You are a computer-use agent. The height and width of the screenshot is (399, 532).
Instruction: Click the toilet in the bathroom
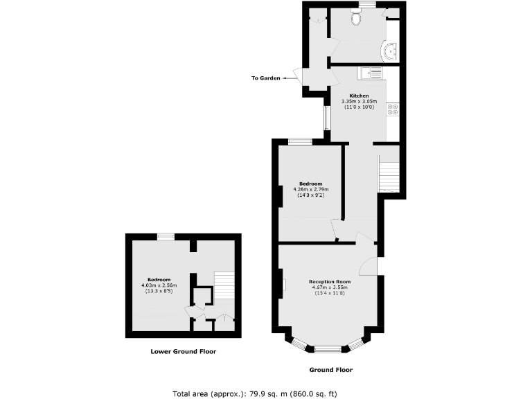[357, 19]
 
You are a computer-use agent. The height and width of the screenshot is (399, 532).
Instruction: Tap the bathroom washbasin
[391, 50]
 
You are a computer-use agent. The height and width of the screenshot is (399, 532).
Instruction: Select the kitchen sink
[370, 72]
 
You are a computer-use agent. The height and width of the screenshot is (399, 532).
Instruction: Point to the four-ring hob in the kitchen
[393, 107]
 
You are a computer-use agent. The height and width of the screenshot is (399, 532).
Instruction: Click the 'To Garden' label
[265, 78]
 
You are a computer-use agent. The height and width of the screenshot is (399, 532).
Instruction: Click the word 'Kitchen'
[359, 96]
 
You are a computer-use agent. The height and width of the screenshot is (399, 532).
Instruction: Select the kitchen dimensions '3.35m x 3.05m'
[359, 101]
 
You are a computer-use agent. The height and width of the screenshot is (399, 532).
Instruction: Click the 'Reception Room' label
[330, 282]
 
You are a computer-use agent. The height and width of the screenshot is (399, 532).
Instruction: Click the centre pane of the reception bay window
[330, 348]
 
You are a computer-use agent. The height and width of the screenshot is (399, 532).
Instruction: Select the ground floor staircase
[389, 173]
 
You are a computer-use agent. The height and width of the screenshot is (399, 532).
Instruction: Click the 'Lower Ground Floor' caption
[184, 351]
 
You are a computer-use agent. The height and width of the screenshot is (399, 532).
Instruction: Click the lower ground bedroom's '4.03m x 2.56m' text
[160, 285]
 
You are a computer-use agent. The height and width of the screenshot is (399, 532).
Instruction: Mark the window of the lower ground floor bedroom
[166, 237]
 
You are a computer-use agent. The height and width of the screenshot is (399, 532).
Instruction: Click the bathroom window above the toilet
[366, 5]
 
